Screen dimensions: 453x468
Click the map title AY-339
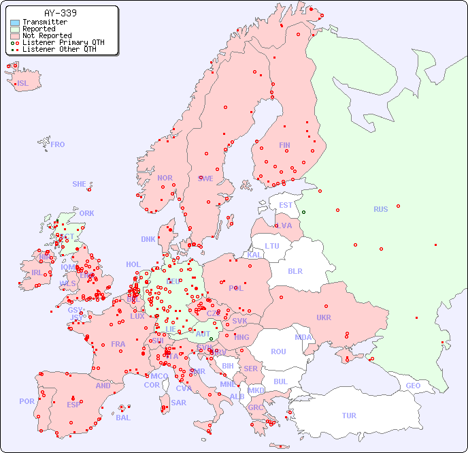[60, 13]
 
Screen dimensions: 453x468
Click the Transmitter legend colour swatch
[15, 22]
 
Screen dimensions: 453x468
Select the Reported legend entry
[39, 29]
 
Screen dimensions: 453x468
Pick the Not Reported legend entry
[46, 36]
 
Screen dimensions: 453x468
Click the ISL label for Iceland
[23, 84]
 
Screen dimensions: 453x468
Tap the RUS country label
[380, 209]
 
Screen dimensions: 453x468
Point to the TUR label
[349, 416]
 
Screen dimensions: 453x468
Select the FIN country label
[284, 145]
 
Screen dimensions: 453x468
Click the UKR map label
[324, 317]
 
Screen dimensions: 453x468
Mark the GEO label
[413, 386]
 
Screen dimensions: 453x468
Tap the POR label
[27, 401]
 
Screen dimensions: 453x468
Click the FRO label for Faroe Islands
[58, 144]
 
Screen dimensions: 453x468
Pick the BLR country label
[295, 271]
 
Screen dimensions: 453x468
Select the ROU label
[278, 352]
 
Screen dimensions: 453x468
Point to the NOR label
[165, 178]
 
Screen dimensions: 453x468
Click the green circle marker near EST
[303, 212]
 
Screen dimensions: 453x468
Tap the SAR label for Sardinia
[179, 403]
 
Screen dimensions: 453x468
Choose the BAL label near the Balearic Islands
[123, 418]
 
